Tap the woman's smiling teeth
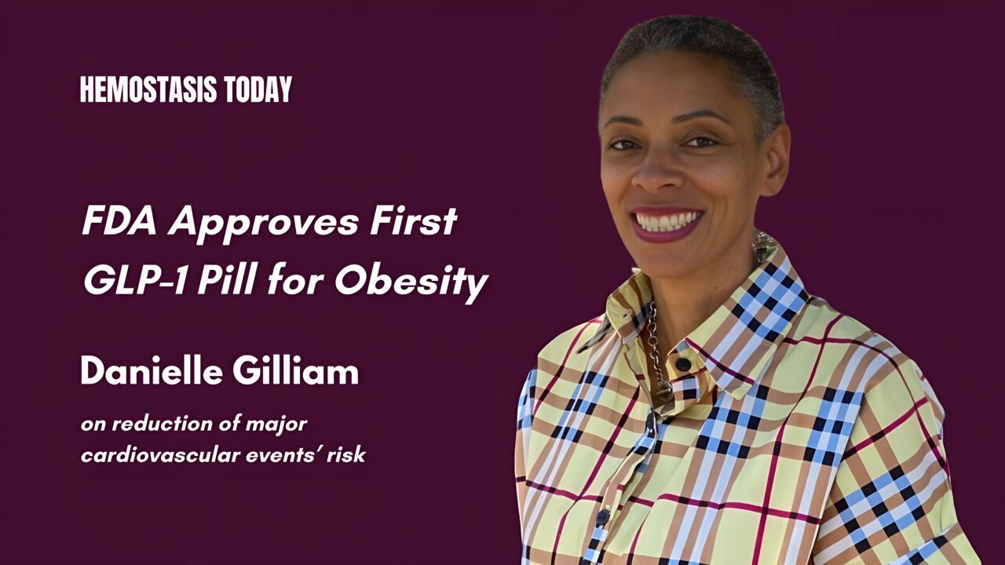tap(667, 221)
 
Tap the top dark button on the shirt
tap(684, 364)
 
